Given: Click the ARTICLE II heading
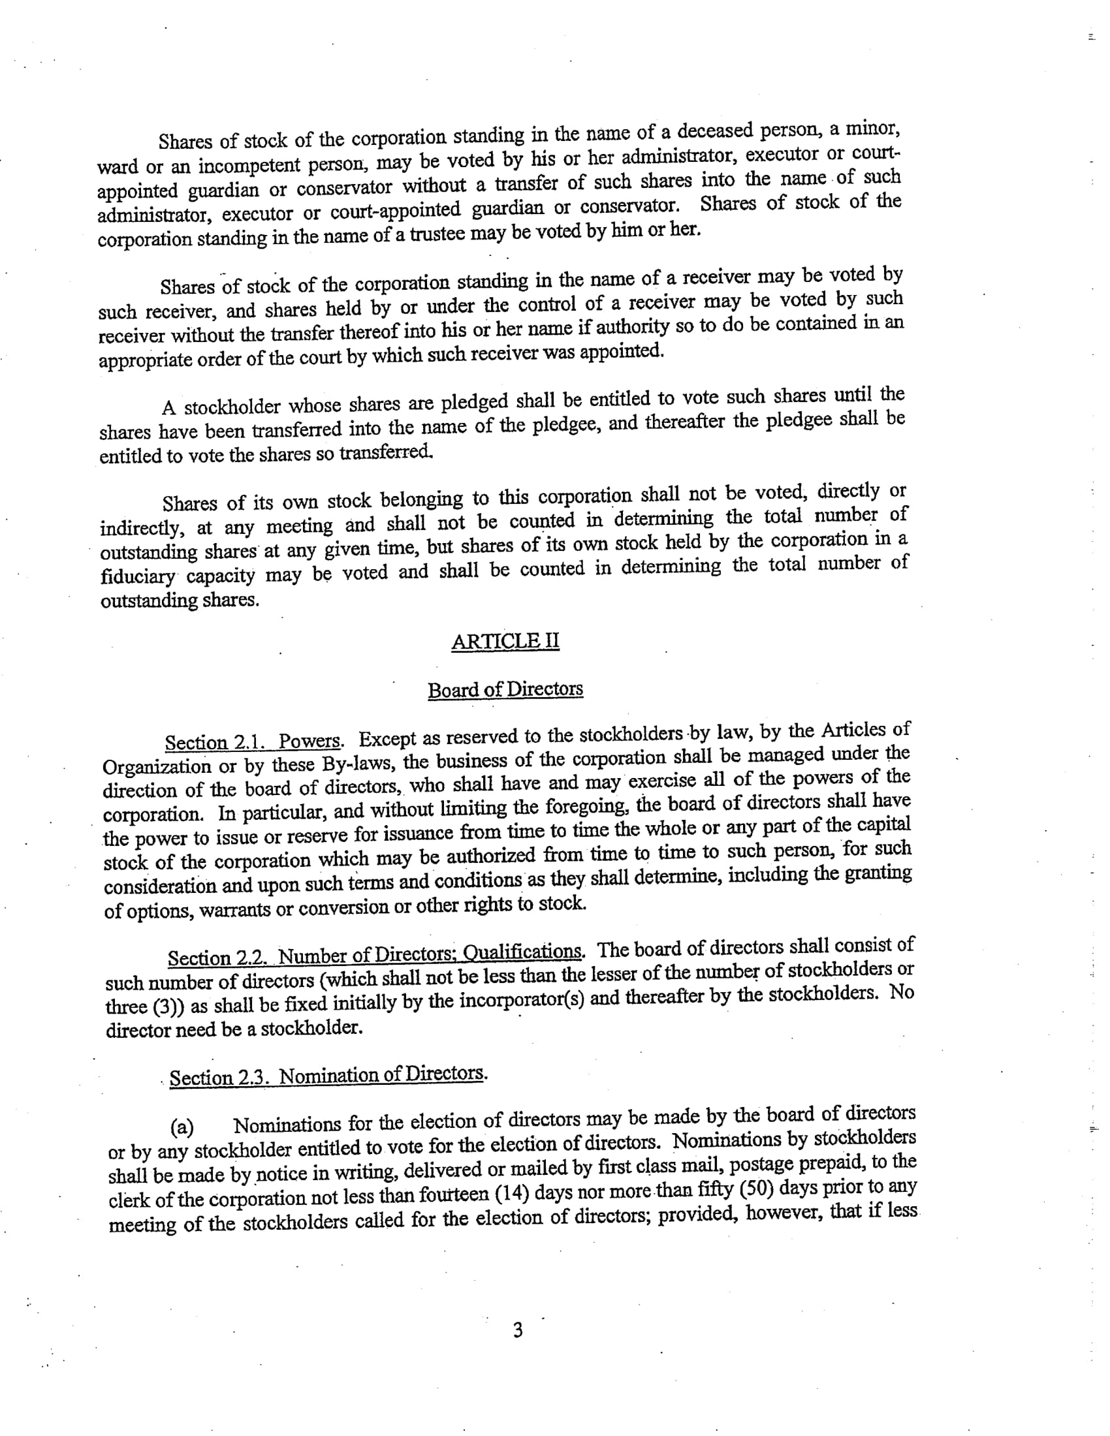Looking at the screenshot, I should click(505, 641).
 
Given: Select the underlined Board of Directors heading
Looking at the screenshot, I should click(505, 690).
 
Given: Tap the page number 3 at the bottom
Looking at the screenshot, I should click(518, 1330).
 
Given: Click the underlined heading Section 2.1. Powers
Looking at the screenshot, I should click(253, 741).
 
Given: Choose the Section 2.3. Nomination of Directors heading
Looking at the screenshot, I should click(328, 1076).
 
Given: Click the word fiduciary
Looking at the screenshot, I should click(137, 577).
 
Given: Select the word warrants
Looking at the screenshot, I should click(234, 911).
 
